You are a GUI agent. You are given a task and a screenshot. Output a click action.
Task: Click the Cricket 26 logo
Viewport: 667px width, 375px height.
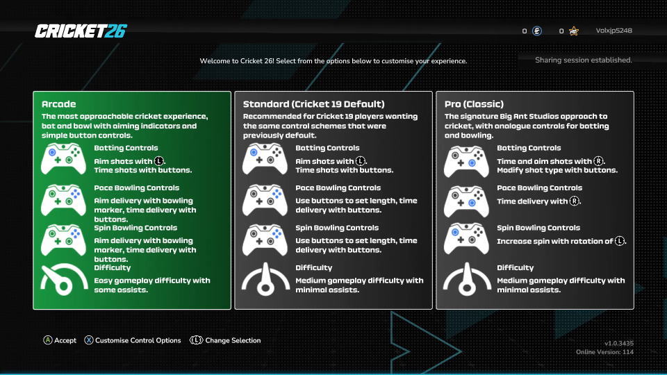[x=81, y=31]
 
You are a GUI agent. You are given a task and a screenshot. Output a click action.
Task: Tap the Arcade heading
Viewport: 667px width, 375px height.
[x=58, y=104]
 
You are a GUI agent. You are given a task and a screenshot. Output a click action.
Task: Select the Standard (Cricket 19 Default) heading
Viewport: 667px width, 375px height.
[x=313, y=104]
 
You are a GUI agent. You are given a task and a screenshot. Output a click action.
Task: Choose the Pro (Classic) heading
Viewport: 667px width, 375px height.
[x=474, y=104]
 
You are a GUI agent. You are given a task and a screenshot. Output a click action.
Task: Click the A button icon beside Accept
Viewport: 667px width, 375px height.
[x=48, y=340]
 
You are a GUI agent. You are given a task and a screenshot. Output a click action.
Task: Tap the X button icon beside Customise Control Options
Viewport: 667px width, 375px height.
[x=88, y=340]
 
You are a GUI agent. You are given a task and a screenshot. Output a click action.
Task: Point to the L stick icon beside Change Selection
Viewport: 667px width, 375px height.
[x=196, y=340]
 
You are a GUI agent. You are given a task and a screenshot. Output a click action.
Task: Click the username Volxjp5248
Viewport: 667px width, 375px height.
[x=614, y=31]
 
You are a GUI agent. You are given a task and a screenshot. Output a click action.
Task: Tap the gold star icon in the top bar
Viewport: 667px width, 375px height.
[x=574, y=31]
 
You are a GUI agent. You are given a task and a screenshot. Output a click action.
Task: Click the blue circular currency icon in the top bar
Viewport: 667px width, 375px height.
[x=537, y=31]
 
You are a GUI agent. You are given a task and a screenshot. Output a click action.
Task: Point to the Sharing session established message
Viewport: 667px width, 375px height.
[x=583, y=60]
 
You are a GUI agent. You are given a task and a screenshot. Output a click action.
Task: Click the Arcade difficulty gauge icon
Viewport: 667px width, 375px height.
[x=64, y=279]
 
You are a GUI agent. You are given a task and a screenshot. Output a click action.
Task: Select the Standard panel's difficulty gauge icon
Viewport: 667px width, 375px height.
[x=265, y=279]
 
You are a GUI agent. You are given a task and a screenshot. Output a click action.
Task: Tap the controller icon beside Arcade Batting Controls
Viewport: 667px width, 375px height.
[x=63, y=159]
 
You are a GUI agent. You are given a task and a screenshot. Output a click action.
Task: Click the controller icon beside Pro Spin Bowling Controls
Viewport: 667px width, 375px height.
[x=466, y=239]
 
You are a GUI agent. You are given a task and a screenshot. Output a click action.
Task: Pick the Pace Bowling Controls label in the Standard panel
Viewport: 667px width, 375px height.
[x=338, y=188]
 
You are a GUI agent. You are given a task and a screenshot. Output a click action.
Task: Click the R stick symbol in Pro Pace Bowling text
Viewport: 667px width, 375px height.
[x=575, y=201]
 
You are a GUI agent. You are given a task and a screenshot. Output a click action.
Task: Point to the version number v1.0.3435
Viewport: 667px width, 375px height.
[x=619, y=343]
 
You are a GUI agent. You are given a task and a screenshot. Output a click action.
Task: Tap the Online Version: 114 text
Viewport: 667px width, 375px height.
[x=604, y=352]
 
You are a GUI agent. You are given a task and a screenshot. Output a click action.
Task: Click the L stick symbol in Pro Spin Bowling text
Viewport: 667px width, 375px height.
[x=620, y=241]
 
